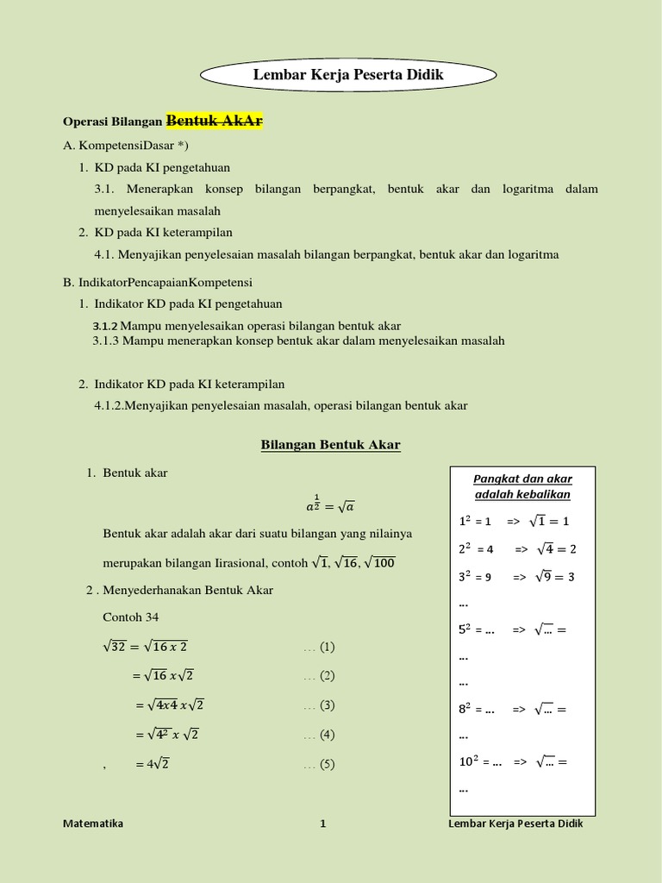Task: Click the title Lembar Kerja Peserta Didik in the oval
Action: pos(348,75)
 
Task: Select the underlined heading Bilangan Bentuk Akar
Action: pos(330,445)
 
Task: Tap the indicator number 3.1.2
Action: pos(105,326)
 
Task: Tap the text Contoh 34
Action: pos(131,617)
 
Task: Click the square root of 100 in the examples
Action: pos(379,562)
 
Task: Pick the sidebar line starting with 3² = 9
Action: pos(515,577)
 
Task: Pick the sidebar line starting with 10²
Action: pos(515,762)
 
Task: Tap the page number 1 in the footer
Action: pos(323,824)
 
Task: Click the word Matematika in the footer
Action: pos(93,824)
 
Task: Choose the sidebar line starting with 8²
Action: pos(515,710)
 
